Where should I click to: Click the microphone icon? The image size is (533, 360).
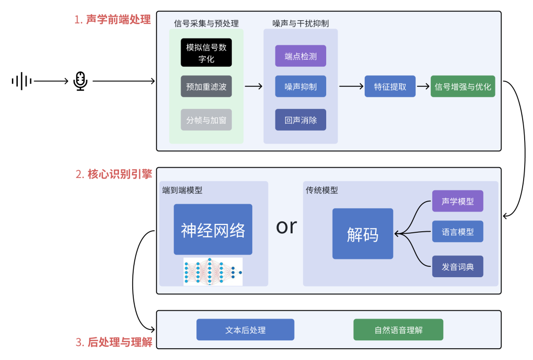coord(80,81)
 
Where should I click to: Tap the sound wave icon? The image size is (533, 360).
coord(22,81)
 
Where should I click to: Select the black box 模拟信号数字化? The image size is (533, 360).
coord(206,53)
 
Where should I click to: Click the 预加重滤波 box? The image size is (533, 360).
coord(206,86)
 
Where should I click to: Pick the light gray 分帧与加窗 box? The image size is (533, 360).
coord(206,120)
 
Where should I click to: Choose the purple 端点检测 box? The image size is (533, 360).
coord(301,56)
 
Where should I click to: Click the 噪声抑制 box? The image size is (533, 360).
coord(301,86)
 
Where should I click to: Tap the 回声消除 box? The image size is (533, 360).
coord(301,120)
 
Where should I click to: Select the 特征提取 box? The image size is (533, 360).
coord(390,86)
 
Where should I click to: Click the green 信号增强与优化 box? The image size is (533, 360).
coord(462,86)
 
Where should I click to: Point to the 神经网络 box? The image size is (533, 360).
coord(213,230)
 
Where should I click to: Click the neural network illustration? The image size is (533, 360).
coord(213,271)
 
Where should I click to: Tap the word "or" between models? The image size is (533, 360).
coord(286,226)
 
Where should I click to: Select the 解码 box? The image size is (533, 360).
coord(363,234)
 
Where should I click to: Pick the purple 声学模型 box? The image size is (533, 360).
coord(457,201)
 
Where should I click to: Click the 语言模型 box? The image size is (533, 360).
coord(457,232)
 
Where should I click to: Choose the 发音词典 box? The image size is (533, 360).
coord(457,266)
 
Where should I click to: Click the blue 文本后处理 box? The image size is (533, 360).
coord(245,330)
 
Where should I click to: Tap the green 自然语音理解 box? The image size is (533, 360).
coord(398,330)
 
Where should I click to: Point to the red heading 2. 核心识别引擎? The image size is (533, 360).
coord(114,174)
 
